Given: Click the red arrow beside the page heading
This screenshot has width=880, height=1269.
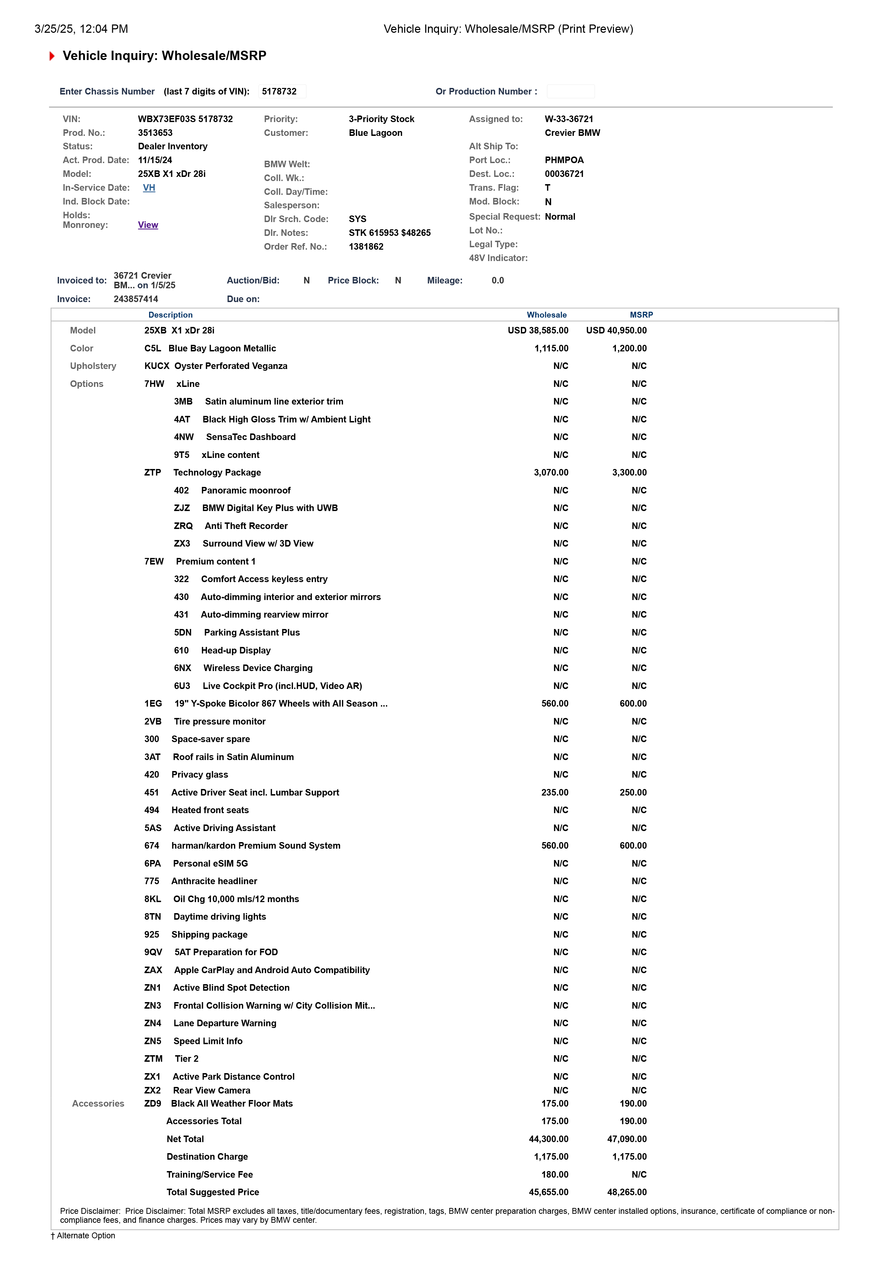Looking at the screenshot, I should [52, 56].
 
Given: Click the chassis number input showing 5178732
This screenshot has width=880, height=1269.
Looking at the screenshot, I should [282, 91].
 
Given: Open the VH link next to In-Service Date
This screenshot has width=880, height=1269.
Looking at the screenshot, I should [149, 188].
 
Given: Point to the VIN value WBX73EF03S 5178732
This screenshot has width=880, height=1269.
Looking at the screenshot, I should [185, 119].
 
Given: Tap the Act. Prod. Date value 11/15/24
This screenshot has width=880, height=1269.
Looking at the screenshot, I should [155, 160].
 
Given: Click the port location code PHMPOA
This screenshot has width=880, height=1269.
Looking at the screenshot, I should [564, 160].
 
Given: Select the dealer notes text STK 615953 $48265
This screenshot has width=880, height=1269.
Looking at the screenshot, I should [389, 233].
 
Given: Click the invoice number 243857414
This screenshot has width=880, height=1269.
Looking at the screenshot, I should [136, 299].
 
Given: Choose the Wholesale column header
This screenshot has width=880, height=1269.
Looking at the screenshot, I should [546, 315].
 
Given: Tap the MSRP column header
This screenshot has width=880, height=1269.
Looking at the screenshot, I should [641, 315].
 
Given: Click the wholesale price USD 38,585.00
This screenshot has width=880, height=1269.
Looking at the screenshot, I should [538, 331].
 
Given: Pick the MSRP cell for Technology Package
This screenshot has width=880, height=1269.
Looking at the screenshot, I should [629, 473].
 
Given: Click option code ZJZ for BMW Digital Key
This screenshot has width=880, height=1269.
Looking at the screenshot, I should [182, 508].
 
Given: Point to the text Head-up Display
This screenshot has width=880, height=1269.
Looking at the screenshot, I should [236, 651].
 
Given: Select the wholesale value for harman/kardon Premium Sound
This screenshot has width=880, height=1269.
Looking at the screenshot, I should [555, 846].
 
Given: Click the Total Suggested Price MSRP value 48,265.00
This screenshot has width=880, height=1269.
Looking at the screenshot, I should [627, 1192].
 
